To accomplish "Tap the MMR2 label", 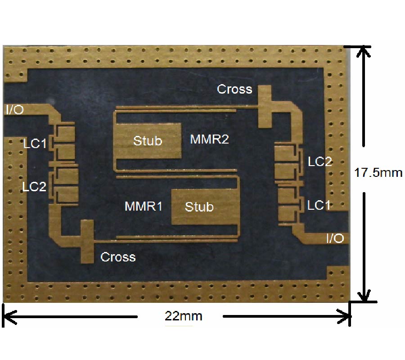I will point(209,139).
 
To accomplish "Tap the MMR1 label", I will point(143,207).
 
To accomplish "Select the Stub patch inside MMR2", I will point(148,140).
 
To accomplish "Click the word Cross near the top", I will point(234,89).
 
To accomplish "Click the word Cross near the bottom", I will point(118,257).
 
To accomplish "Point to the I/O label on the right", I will point(335,238).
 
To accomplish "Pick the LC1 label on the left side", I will point(35,144).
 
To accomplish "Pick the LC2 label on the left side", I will point(35,186).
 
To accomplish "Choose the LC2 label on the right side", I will point(320,162).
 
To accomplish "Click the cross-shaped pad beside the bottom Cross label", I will point(86,241).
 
